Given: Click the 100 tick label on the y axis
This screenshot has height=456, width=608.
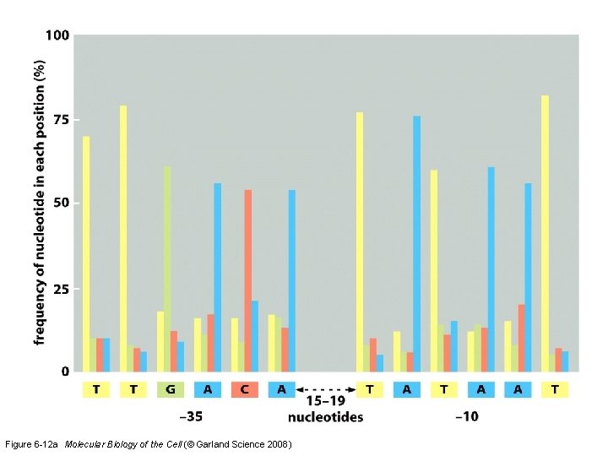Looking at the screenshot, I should (58, 37).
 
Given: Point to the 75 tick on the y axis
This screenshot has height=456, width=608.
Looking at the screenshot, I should (62, 120).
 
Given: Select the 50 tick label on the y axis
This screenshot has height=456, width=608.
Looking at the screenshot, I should (62, 204).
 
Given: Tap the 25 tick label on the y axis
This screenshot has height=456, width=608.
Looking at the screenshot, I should (62, 289).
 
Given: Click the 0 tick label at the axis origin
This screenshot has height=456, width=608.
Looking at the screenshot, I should (65, 372).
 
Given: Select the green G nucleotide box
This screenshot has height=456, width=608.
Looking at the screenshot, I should (170, 389).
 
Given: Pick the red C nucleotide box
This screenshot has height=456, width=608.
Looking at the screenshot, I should (244, 389).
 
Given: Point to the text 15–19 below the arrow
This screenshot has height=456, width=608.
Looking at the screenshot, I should (325, 401).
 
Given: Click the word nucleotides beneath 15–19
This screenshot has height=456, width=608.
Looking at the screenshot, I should (325, 416).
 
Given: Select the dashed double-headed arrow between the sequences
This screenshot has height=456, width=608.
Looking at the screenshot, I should (325, 389).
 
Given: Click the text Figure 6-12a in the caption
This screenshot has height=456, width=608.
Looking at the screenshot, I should (31, 443).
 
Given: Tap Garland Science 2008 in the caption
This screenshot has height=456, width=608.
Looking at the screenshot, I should (252, 443).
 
